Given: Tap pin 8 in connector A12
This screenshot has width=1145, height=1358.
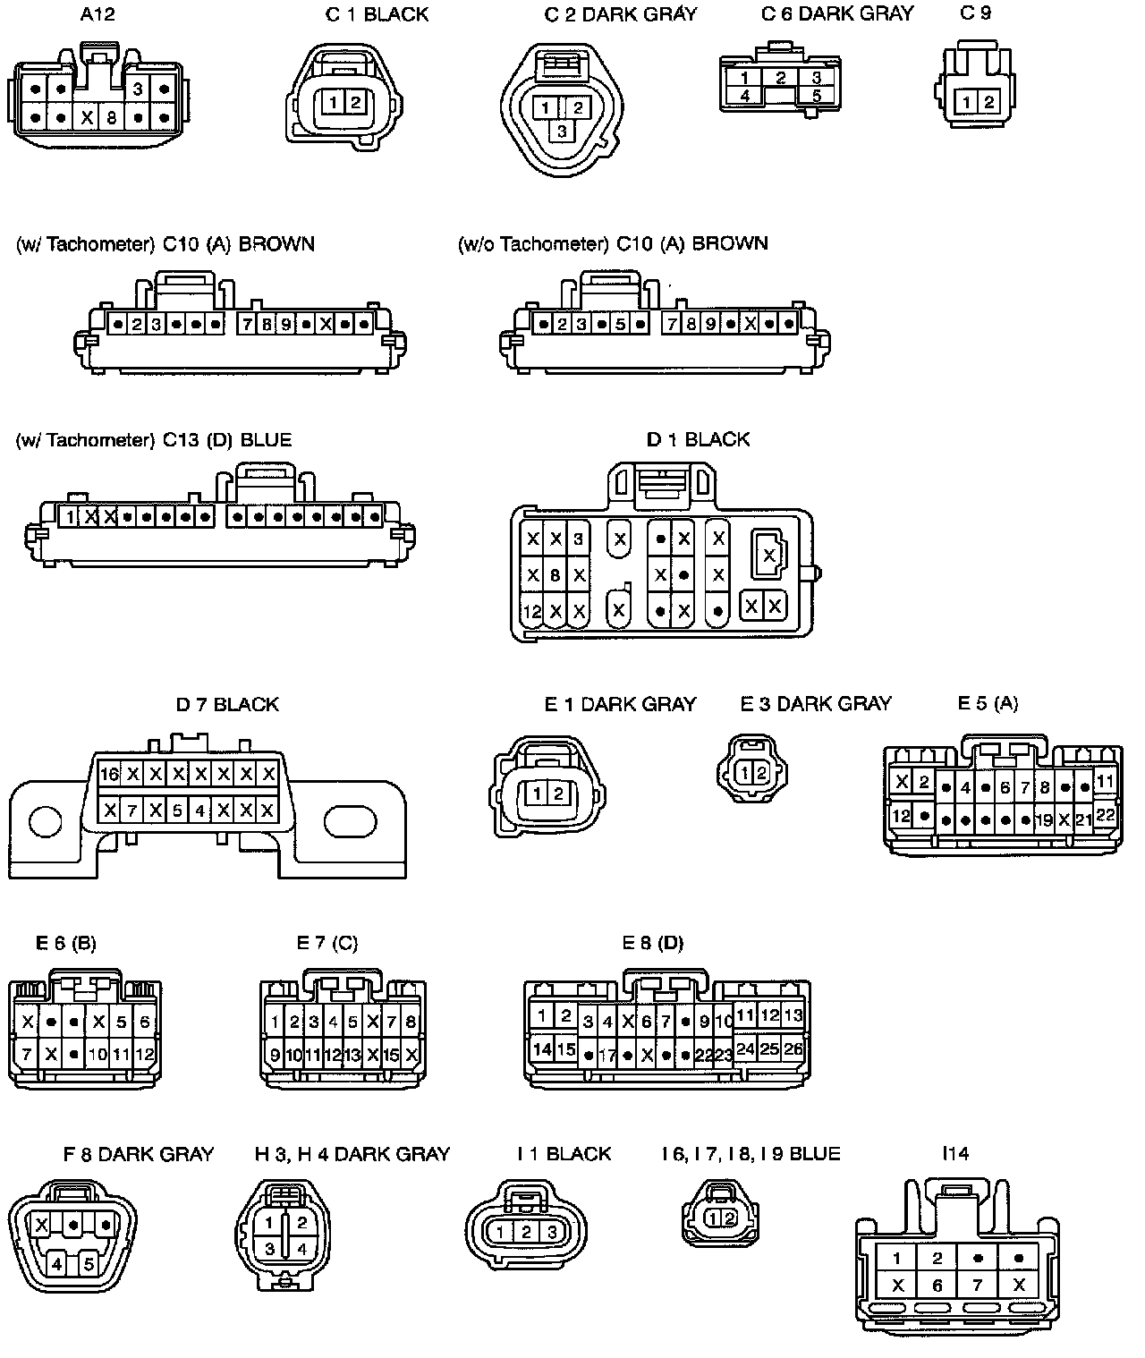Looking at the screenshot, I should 112,117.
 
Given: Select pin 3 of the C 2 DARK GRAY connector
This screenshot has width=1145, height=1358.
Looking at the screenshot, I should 562,132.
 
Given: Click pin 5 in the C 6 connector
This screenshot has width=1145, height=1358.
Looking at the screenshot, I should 816,95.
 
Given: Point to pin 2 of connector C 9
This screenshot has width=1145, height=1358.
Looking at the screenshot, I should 988,102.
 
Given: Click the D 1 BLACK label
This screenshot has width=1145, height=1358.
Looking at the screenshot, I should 698,439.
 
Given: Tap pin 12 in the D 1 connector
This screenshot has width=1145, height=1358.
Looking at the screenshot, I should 532,613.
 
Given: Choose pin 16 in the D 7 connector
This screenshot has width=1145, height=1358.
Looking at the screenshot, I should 110,774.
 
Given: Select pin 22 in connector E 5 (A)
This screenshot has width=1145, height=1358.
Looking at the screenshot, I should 1106,814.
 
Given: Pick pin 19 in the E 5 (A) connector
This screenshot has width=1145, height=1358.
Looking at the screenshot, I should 1043,819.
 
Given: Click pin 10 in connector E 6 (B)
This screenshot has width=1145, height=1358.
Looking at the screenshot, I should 98,1055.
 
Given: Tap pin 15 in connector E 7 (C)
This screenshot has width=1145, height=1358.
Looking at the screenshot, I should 391,1056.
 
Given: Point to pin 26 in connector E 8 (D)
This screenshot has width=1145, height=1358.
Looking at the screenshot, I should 793,1048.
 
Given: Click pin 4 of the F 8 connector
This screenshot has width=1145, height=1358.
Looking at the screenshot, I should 57,1264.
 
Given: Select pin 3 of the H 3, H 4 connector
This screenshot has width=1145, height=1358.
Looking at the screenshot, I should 269,1249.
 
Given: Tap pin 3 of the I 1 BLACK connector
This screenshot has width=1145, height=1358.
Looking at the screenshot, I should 552,1233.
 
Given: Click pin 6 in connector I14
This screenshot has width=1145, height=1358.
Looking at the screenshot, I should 937,1286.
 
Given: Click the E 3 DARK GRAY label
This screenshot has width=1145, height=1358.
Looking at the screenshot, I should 816,704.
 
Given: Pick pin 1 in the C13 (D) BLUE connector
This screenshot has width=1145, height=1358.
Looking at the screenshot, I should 70,516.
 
